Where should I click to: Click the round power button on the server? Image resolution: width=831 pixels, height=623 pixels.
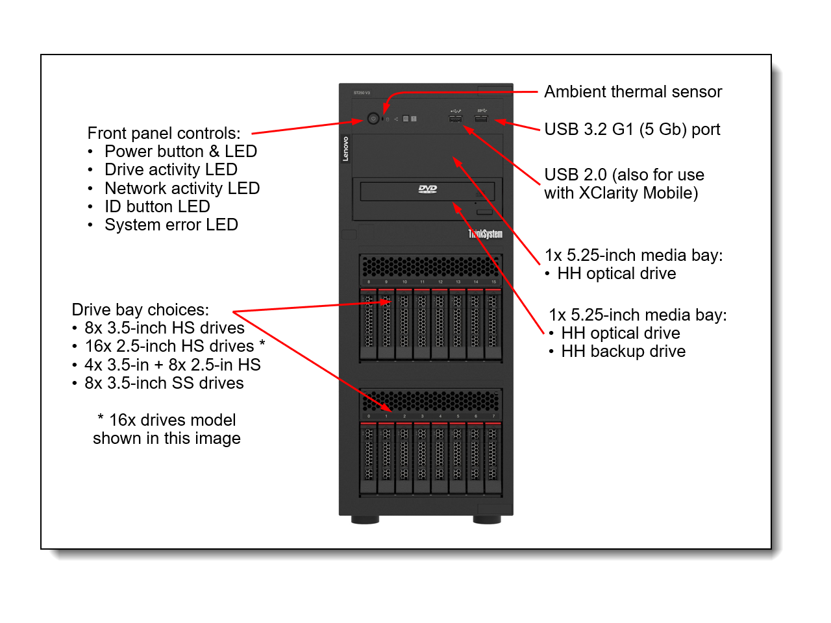point(373,119)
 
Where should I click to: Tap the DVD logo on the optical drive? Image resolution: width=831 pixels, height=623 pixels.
point(427,189)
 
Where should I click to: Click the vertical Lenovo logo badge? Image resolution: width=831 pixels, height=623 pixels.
point(345,149)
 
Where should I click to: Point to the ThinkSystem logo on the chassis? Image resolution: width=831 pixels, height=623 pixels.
point(486,234)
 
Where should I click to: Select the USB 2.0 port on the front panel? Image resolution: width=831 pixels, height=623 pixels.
point(455,119)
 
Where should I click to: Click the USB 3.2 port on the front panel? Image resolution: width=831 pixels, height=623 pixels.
point(481,119)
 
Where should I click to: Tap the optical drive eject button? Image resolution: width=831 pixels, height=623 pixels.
point(484,212)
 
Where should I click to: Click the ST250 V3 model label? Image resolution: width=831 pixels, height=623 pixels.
point(362,93)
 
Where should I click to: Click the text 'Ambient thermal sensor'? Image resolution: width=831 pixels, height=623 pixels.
point(632,92)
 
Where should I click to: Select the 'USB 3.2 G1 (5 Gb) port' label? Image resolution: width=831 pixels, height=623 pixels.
point(632,129)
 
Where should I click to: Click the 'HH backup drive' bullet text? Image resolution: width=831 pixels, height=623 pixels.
point(623,352)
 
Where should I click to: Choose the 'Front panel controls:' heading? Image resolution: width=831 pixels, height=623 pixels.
point(164,133)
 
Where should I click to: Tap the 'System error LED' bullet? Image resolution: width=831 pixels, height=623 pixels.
point(171,225)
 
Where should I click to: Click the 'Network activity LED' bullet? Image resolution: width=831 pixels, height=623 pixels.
point(182,188)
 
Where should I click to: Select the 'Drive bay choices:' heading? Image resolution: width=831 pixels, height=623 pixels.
point(140,310)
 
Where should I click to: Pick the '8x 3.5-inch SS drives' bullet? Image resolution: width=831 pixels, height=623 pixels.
point(164,384)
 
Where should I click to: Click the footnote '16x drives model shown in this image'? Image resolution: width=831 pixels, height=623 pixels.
point(167,429)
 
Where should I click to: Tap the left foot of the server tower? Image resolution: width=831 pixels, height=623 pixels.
point(365,520)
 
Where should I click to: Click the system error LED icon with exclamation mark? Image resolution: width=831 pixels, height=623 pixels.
point(414,119)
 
